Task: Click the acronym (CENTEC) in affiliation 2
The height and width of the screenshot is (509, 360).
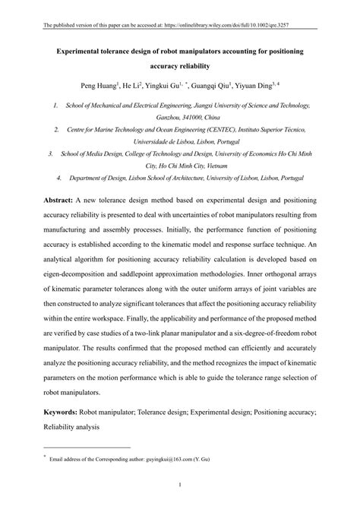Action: click(x=218, y=130)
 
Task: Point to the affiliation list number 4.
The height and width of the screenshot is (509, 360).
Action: click(x=59, y=177)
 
